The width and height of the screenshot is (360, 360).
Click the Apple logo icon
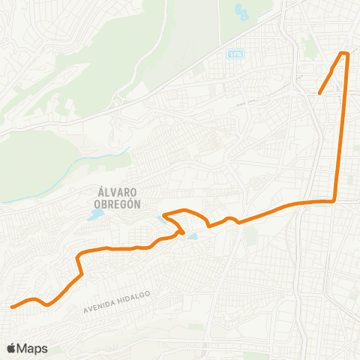(x=11, y=348)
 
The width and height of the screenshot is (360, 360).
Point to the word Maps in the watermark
(x=32, y=348)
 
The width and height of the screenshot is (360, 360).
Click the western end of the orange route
(x=11, y=306)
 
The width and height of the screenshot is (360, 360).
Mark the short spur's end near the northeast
(x=319, y=94)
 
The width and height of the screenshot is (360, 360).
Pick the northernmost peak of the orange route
(x=345, y=52)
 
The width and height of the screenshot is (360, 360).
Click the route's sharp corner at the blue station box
(x=334, y=200)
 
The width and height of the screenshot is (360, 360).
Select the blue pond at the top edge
(x=241, y=10)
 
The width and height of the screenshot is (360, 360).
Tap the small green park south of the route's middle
(x=250, y=235)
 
